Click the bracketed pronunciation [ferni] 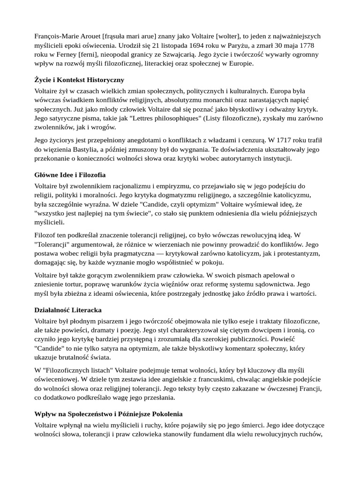click(x=80, y=54)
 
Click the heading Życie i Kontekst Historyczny click(x=79, y=80)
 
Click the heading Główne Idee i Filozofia click(x=70, y=175)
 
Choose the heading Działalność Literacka click(x=68, y=310)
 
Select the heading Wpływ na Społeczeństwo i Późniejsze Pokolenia click(x=108, y=414)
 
